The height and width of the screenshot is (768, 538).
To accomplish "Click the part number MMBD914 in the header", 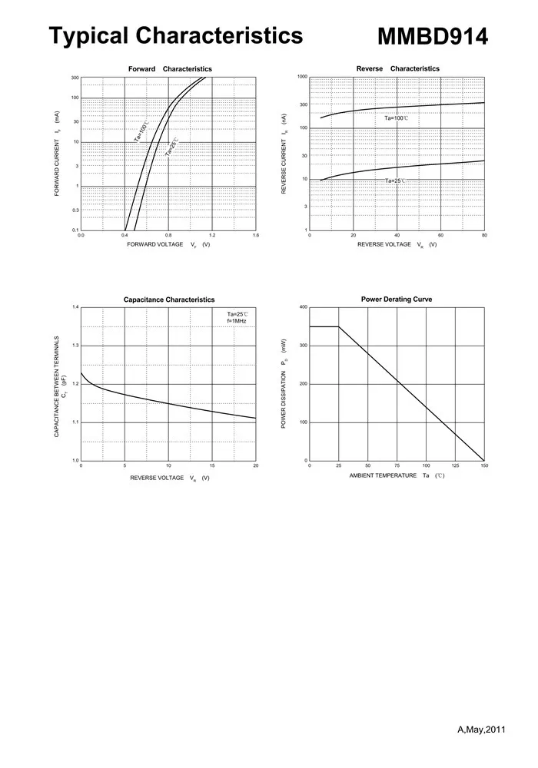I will tap(433, 36).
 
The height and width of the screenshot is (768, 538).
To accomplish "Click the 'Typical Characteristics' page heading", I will tap(176, 35).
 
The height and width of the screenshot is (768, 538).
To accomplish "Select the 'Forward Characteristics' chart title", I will tap(170, 69).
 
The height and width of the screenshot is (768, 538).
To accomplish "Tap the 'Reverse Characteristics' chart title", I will tap(398, 68).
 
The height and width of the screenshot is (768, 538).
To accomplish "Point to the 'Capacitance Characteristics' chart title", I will tap(169, 300).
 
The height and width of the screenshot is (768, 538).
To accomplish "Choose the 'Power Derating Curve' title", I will tap(397, 299).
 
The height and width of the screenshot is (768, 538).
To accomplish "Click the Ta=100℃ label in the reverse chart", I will tap(397, 118).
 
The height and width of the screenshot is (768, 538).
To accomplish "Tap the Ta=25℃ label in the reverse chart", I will tap(396, 181).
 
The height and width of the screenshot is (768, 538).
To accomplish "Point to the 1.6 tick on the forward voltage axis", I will tap(256, 235).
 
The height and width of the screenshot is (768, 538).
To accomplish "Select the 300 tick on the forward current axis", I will tap(75, 78).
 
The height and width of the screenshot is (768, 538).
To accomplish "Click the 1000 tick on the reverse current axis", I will tap(302, 77).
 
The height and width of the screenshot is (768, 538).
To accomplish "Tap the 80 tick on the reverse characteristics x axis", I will tap(484, 235).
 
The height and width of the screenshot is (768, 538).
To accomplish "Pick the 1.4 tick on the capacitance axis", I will tap(75, 307).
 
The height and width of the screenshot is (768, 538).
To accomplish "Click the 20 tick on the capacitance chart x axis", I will tap(256, 465).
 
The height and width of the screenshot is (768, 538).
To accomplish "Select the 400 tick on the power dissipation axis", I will tap(303, 307).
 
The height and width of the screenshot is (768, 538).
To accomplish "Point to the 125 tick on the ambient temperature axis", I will tap(455, 465).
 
